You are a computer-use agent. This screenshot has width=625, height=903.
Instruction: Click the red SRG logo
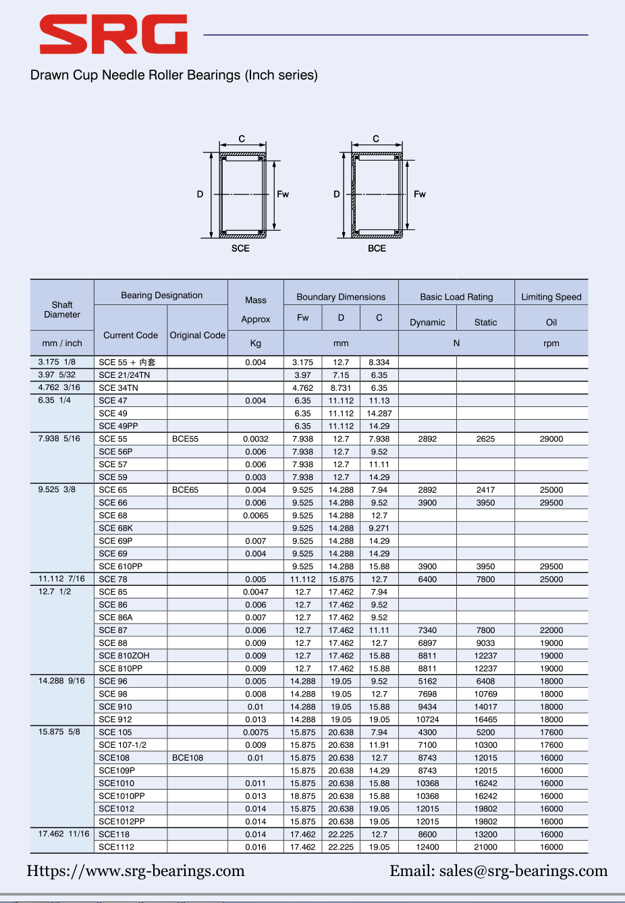tap(113, 34)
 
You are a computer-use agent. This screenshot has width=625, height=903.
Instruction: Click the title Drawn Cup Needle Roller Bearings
tap(173, 75)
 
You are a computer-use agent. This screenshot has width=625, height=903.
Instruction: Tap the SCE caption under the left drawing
tap(240, 248)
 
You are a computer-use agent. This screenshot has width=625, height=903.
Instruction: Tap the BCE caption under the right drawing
tap(377, 248)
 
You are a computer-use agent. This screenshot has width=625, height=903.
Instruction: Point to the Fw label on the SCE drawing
tap(283, 194)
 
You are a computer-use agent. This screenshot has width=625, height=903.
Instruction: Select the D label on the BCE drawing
tap(336, 194)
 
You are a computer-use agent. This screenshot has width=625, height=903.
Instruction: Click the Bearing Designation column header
tap(161, 295)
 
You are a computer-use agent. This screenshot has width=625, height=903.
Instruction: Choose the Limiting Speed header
tap(551, 297)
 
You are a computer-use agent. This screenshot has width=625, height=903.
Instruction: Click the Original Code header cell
tap(197, 335)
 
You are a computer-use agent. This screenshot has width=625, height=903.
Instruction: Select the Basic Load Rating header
tap(456, 297)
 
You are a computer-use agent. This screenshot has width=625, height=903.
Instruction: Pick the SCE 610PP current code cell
tap(121, 567)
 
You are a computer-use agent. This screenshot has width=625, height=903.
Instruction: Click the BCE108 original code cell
tap(188, 758)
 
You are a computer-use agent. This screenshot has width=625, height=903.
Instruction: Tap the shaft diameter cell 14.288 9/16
tap(61, 681)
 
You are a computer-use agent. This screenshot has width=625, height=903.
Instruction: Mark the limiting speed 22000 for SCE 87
tap(551, 630)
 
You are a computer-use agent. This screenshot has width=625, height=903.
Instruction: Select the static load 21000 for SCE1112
tap(485, 847)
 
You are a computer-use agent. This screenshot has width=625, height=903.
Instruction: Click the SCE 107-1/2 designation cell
tap(123, 745)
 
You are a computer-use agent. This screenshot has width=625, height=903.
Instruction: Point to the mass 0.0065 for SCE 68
tap(256, 516)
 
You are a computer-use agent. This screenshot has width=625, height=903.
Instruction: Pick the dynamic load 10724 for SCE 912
tap(427, 719)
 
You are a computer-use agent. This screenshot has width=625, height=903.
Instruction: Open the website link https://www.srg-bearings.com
tap(136, 871)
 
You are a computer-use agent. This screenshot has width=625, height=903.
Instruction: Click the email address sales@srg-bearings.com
tap(523, 871)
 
